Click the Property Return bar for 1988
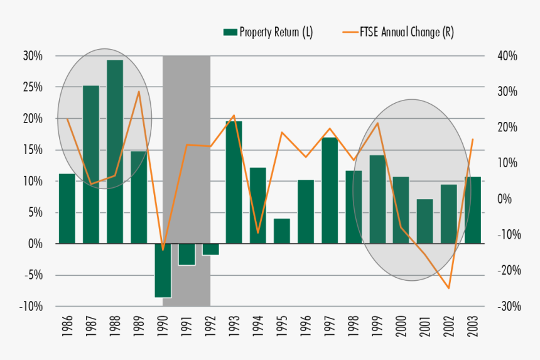click(115, 151)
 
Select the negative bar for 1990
click(163, 270)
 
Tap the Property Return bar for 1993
click(234, 182)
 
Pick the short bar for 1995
click(282, 231)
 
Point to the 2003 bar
click(473, 210)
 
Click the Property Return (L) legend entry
click(268, 33)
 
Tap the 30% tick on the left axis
click(32, 56)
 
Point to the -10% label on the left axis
click(31, 306)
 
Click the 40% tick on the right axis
click(505, 56)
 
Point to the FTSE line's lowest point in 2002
click(449, 288)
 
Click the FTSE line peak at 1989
click(139, 92)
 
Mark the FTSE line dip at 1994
click(258, 233)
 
